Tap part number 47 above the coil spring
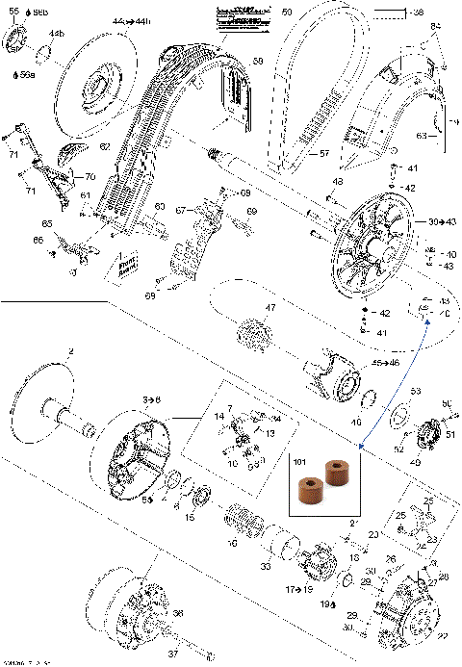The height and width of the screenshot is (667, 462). point(271,308)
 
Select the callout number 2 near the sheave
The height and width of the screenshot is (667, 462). point(70,354)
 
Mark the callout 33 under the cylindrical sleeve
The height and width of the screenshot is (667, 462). point(265,568)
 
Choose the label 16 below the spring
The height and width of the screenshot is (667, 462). point(231,543)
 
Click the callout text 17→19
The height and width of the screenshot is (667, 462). point(296,586)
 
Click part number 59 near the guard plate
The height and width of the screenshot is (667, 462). point(258,62)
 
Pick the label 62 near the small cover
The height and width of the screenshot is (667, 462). point(104,146)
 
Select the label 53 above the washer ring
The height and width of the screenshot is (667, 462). point(416,392)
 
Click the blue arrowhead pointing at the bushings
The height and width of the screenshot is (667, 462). point(359,446)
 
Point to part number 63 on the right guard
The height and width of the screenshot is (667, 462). point(422,137)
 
